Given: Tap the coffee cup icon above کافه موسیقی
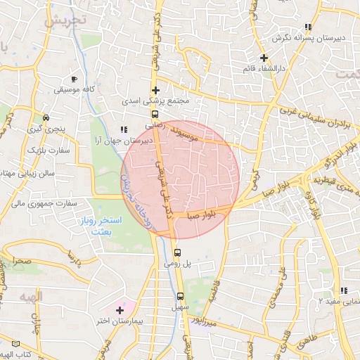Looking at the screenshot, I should [75, 79].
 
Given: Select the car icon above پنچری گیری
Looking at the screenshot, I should [46, 117].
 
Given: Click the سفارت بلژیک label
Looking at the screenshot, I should [45, 150].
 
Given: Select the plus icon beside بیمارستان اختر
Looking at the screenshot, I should [120, 310].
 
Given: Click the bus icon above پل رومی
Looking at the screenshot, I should [176, 252].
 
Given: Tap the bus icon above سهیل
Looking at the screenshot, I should [180, 296].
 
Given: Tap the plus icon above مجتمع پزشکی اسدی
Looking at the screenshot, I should [155, 90].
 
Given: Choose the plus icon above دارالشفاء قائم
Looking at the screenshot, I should [264, 58].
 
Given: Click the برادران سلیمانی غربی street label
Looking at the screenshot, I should [316, 119].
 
